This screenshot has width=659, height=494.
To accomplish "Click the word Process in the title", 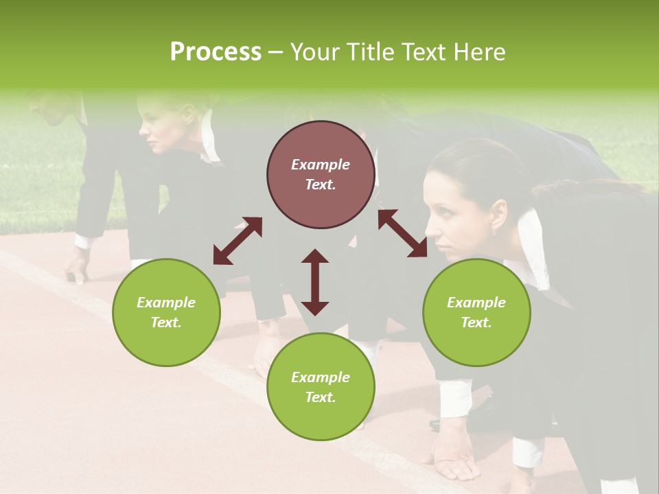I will [x=216, y=52].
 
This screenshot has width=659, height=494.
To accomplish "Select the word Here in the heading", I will [x=478, y=52].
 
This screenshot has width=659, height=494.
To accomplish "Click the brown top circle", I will [x=321, y=174].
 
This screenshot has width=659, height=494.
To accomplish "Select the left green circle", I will [x=166, y=312].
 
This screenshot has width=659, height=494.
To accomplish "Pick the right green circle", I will [x=476, y=312].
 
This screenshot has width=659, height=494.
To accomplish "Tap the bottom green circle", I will [x=321, y=387].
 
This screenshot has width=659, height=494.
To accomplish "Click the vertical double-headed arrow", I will [x=315, y=282].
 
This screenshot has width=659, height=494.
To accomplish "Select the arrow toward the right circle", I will [x=402, y=233].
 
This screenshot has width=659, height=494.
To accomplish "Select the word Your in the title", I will [x=315, y=52].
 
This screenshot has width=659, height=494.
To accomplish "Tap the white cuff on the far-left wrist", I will [x=84, y=242].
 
